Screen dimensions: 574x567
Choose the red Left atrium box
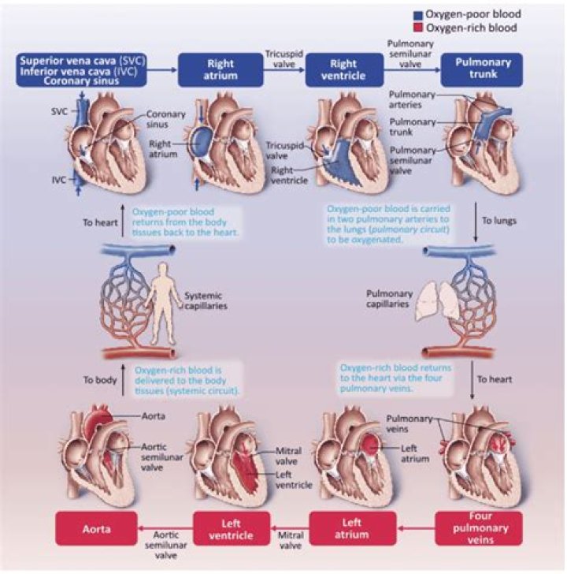click(x=351, y=527)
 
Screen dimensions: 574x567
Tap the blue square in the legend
click(x=417, y=15)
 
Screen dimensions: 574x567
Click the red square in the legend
click(x=417, y=28)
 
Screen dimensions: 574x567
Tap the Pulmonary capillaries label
click(x=390, y=299)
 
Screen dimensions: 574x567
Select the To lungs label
click(x=501, y=222)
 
